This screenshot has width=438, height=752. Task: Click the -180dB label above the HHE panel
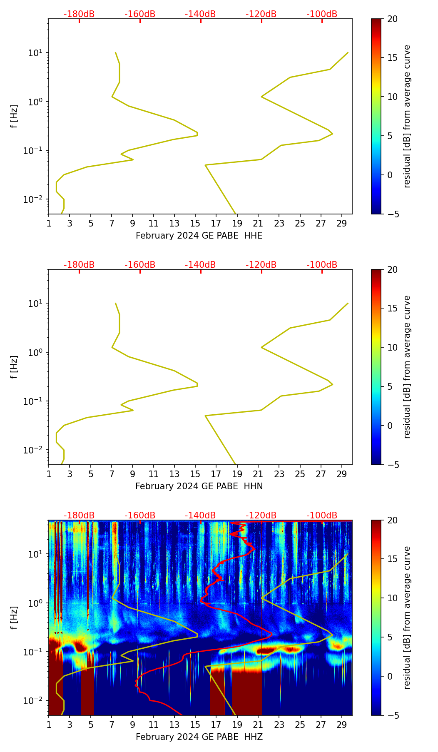coord(79,14)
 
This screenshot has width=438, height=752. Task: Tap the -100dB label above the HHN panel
coord(322,265)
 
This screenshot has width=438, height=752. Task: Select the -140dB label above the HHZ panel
coord(200,515)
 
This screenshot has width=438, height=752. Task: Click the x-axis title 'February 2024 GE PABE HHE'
coord(199,236)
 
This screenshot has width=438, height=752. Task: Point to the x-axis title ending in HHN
coord(199,486)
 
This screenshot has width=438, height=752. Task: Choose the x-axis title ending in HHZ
coord(199,737)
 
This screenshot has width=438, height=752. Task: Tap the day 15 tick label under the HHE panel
coord(195,223)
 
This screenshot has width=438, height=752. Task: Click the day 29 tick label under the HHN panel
coord(342,473)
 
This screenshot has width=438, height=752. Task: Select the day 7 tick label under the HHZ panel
coord(111,724)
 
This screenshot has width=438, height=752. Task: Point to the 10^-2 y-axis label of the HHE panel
coord(35,199)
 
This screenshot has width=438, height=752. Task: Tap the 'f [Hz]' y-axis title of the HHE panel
coord(14,116)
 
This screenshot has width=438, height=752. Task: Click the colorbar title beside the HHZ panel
coord(407,618)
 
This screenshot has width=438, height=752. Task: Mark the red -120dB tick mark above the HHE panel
coord(261,21)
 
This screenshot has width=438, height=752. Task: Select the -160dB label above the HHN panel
coord(140,265)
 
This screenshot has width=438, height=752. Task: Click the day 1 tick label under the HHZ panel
coord(49,724)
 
